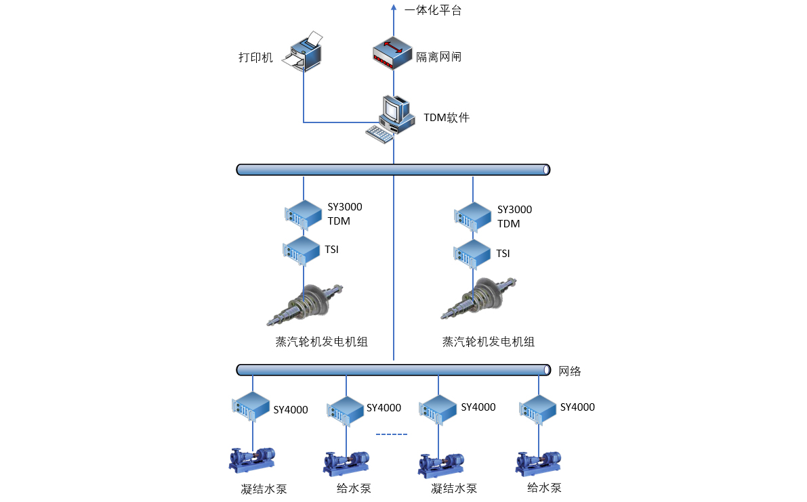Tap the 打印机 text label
[255, 58]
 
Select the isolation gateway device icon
[392, 54]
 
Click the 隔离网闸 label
[438, 57]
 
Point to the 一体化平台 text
[433, 10]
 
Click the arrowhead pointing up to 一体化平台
[394, 8]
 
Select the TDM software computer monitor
[396, 110]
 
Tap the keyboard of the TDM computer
[379, 133]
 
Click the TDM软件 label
[447, 118]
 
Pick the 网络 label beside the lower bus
[570, 371]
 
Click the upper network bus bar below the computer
[393, 169]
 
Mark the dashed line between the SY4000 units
[392, 434]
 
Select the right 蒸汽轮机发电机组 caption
[489, 342]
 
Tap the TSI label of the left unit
[331, 250]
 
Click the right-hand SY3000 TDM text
[514, 216]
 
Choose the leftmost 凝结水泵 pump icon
[252, 459]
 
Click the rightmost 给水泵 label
[544, 487]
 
